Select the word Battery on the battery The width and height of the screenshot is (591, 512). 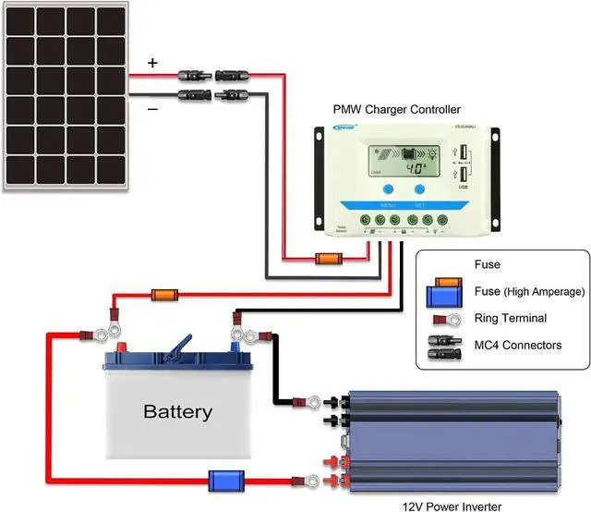pos(177,411)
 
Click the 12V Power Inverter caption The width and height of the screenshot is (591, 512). pos(453,506)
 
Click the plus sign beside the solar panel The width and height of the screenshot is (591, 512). pos(153,64)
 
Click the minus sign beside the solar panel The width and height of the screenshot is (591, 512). pos(153,108)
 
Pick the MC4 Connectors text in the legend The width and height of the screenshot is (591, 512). pos(518,345)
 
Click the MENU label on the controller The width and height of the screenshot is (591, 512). pos(387,205)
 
